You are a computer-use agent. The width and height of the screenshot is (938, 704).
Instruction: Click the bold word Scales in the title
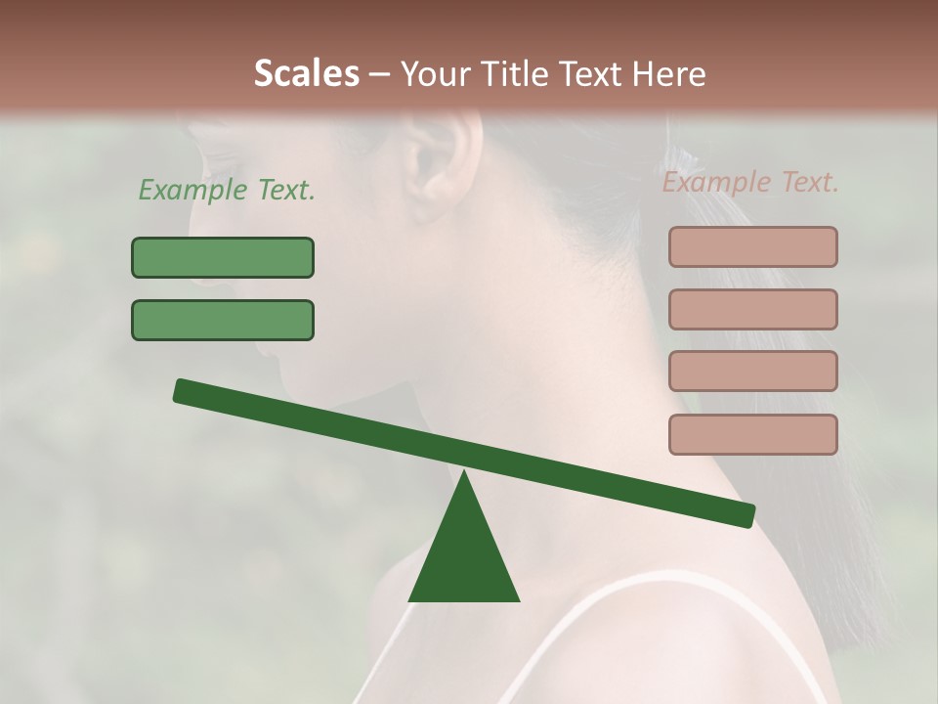coord(306,73)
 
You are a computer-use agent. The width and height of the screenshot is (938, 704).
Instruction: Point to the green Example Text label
coord(226,191)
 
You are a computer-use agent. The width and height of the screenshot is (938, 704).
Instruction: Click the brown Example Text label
coord(750,183)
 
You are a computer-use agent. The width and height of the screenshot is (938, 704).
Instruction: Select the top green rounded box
coord(223,257)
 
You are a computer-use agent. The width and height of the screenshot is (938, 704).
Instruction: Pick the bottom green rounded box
coord(223,320)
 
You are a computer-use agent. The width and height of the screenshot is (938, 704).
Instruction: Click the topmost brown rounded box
coord(752,246)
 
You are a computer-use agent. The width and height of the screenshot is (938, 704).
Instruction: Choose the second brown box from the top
coord(752,309)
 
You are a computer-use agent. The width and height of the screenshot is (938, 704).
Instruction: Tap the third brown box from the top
coord(752,372)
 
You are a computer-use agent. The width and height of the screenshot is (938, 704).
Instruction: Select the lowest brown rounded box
coord(752,434)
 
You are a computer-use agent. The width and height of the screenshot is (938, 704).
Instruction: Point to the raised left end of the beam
coord(183,390)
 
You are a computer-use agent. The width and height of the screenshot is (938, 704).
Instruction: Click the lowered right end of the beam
coord(745,515)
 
